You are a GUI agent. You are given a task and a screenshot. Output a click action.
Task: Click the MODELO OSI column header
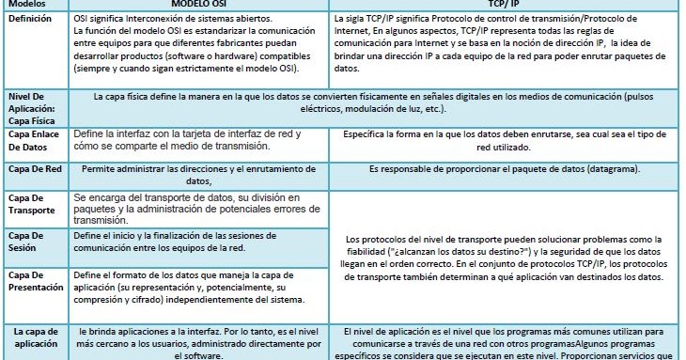200,5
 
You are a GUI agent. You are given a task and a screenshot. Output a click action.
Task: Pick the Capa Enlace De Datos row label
34,141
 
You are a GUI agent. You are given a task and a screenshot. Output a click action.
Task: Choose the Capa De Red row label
34,169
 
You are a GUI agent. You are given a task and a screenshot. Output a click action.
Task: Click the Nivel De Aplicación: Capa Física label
34,107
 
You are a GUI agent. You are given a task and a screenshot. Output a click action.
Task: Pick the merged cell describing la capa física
376,102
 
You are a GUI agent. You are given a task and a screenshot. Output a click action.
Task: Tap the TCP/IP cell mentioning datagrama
506,169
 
